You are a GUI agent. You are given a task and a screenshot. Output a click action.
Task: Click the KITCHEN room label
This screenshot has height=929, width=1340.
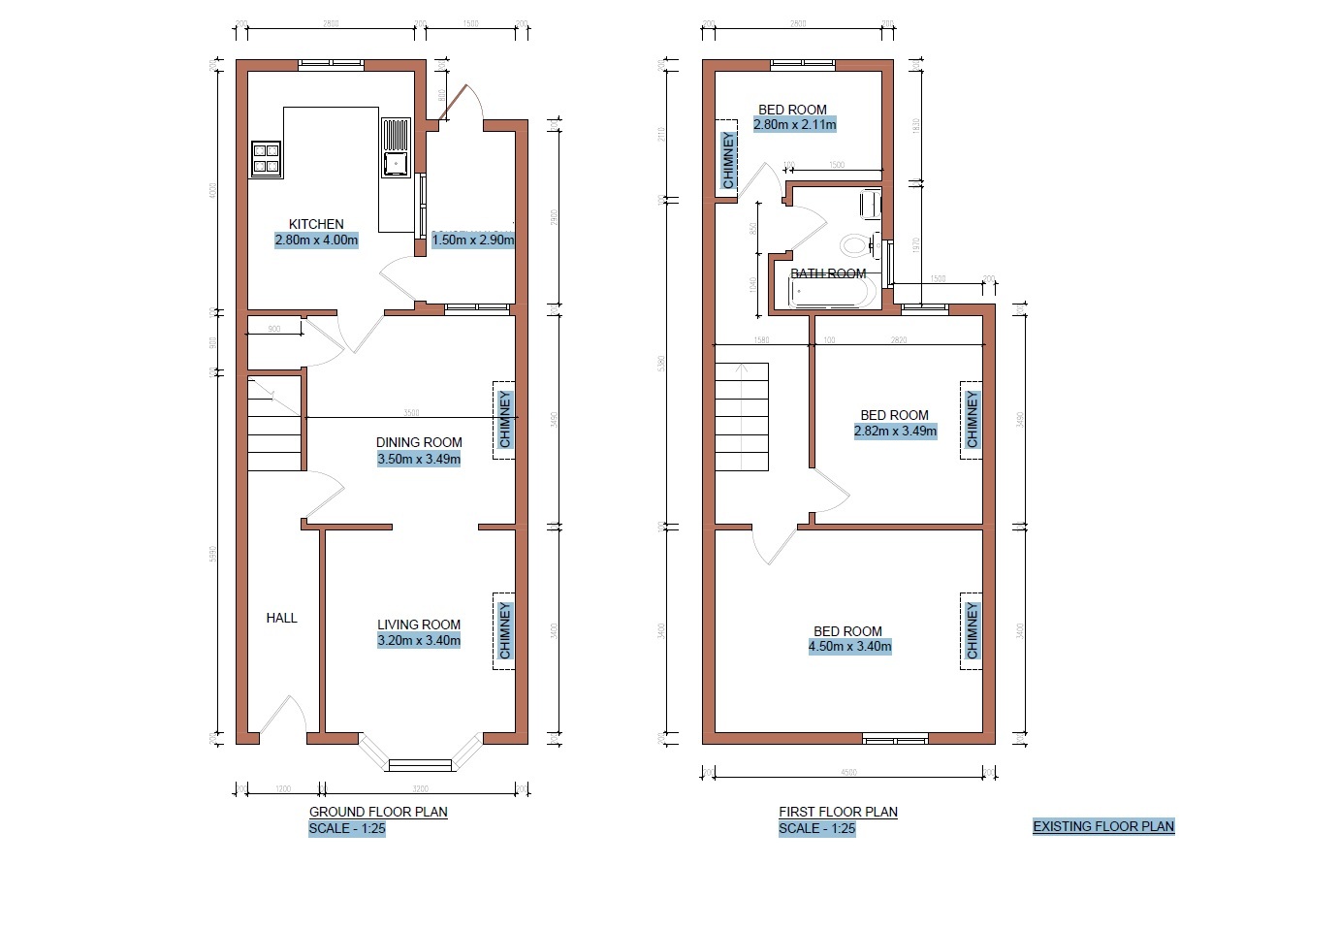tap(316, 224)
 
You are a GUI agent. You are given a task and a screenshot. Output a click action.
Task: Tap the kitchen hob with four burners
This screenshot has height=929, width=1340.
tap(266, 158)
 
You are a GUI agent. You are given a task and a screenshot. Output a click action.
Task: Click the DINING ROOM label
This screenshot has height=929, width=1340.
tap(419, 442)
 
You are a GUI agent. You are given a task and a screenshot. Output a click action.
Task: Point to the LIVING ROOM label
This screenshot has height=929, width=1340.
tap(419, 625)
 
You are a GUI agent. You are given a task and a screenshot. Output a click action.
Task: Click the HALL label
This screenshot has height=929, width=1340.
tap(282, 618)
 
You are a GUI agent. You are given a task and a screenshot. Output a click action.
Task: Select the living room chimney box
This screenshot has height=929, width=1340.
tap(504, 630)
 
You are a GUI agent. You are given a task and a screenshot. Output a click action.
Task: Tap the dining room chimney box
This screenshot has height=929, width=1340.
tap(504, 419)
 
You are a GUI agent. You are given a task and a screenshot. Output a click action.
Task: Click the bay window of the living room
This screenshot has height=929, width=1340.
tap(420, 757)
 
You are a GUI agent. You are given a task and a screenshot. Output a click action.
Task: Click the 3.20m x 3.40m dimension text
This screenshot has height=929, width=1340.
tap(419, 641)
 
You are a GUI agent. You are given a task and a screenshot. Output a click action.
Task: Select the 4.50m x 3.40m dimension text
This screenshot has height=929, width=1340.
tap(849, 647)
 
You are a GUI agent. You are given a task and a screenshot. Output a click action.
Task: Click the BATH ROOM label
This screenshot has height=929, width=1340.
tap(828, 273)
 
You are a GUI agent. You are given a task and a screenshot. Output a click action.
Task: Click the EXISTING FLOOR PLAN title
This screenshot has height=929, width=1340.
tap(1103, 827)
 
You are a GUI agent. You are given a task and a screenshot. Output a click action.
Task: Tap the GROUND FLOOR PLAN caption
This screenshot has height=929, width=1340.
tap(378, 812)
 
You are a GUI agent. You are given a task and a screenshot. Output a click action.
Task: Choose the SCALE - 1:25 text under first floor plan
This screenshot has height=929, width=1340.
tap(816, 829)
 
